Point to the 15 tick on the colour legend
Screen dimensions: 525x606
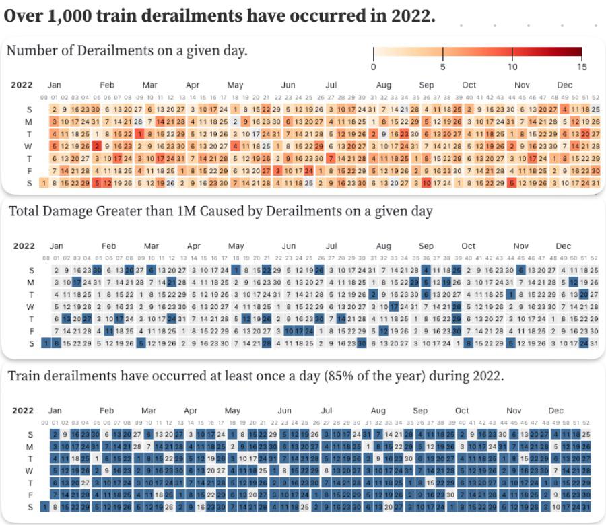tap(582, 67)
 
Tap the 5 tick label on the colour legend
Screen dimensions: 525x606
tap(442, 67)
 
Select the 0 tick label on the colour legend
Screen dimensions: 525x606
tap(373, 67)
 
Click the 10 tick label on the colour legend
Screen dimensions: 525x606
tap(512, 67)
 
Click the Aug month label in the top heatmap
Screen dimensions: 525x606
tap(383, 85)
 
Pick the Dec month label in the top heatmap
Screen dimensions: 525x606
tap(564, 85)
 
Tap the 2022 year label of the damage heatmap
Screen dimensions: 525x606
tap(24, 246)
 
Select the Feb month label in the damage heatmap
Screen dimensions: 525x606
tap(106, 246)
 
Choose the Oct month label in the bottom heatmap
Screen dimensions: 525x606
tap(462, 411)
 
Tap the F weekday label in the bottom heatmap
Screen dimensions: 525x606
tap(30, 495)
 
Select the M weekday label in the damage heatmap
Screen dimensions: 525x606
tap(30, 283)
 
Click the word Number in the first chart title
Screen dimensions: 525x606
tap(30, 50)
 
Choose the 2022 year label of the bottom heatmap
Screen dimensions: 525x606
tap(24, 411)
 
